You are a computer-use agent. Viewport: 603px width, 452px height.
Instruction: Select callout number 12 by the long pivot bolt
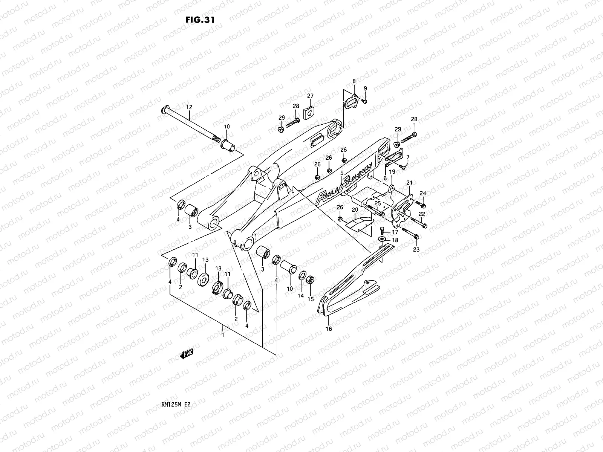189,108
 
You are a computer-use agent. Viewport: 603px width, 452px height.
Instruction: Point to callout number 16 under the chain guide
329,329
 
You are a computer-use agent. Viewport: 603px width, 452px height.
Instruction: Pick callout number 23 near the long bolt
416,249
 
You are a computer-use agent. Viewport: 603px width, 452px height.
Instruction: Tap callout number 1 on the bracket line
223,334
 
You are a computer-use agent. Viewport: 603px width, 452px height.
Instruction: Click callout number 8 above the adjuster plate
354,81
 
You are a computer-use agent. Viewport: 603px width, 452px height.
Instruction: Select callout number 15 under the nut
310,299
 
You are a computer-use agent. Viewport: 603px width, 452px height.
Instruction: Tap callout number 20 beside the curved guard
355,210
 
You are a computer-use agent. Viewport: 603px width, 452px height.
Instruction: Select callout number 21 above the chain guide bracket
409,183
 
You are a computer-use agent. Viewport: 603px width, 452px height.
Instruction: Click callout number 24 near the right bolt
423,193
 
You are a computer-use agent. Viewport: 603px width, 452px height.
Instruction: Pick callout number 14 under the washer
300,296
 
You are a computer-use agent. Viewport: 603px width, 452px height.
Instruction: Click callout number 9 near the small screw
365,89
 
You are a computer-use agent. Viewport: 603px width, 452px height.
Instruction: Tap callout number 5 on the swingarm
341,173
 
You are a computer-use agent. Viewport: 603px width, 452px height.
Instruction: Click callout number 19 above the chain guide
392,172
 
